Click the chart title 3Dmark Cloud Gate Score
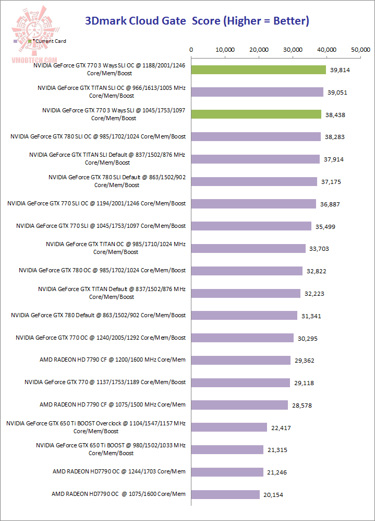[197, 21]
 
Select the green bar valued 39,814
[259, 70]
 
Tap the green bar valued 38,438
[257, 114]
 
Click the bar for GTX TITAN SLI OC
[258, 92]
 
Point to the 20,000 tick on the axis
[259, 50]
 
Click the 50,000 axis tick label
[360, 50]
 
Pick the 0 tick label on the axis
[191, 50]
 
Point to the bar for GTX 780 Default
[244, 316]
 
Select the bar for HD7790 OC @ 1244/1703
[227, 472]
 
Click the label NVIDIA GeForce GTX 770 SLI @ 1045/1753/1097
[101, 226]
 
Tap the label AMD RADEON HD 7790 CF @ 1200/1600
[112, 360]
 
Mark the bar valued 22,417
[229, 427]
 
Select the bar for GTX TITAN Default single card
[246, 293]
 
